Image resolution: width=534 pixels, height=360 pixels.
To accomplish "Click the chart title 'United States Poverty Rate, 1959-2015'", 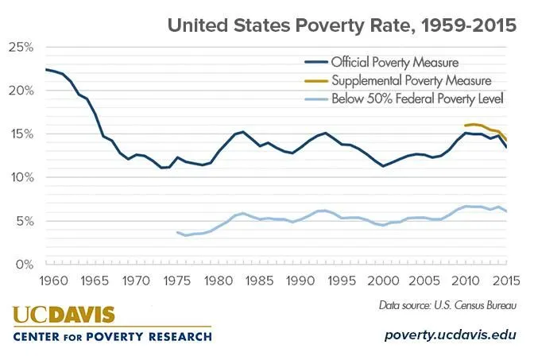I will (342, 25).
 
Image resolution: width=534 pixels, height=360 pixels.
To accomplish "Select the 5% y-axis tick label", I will (23, 221).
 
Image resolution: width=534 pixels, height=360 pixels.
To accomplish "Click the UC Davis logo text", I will (64, 315).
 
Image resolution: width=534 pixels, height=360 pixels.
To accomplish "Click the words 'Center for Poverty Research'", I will (112, 336).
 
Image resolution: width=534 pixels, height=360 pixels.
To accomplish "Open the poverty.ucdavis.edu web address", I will (451, 335).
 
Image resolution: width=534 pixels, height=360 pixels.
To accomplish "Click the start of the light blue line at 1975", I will (177, 232).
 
